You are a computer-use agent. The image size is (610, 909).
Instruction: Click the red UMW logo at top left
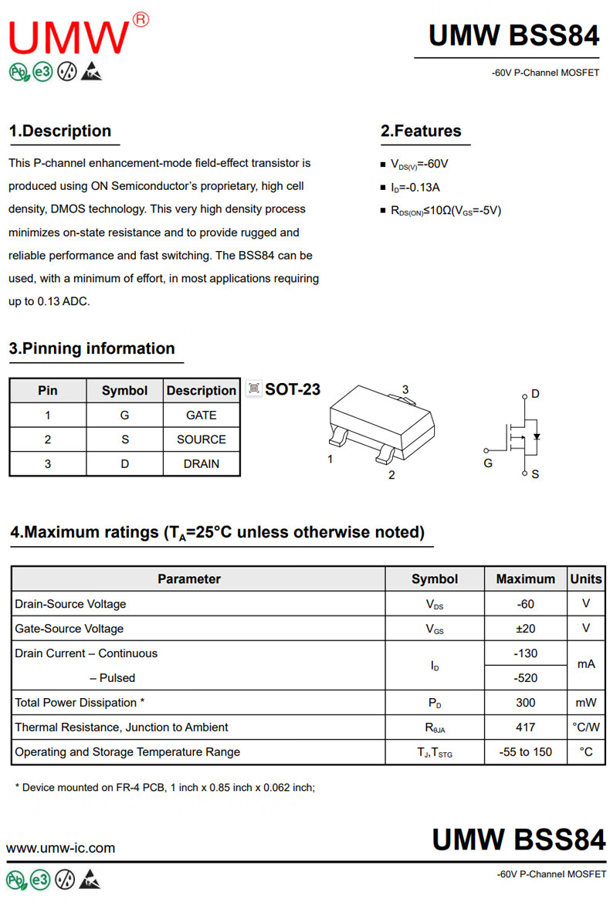pos(69,36)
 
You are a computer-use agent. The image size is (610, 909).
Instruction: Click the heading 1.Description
pos(60,131)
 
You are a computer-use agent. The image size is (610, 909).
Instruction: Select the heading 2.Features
pos(421,131)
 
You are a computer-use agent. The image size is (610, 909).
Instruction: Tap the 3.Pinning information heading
pos(92,349)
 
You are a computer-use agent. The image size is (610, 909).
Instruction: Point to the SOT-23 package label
pos(292,389)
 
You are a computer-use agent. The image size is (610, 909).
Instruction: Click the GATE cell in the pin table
pos(202,415)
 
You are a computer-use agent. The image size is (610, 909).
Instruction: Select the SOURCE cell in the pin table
pos(202,439)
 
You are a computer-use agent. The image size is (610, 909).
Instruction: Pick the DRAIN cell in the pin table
pos(202,464)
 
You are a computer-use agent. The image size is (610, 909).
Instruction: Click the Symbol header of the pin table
pos(124,391)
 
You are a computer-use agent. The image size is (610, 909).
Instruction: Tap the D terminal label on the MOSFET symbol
pos(535,394)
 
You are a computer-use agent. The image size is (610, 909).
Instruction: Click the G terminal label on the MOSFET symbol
pos(488,463)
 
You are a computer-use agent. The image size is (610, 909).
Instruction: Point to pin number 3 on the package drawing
pos(405,390)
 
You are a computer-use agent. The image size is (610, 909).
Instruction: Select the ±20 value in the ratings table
pos(525,629)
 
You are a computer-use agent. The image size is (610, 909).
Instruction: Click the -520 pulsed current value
pos(525,678)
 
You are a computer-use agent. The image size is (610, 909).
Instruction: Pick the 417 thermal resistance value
pos(525,728)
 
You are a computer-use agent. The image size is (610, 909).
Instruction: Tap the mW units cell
pos(586,703)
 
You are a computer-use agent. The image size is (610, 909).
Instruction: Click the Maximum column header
pos(525,579)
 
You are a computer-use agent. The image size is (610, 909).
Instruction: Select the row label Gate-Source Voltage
pos(69,629)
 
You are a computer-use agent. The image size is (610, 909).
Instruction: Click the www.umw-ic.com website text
pos(61,848)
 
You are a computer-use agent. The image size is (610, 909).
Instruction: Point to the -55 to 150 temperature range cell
pos(525,752)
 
